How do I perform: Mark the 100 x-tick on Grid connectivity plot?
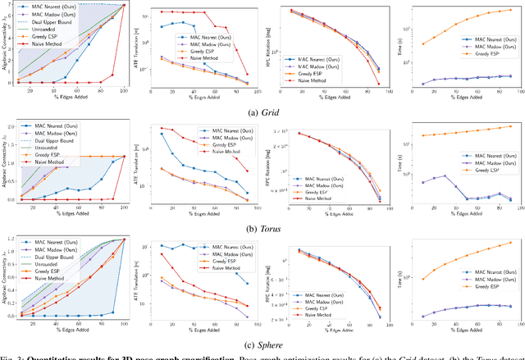123,93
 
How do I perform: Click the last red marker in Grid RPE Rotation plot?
378,84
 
